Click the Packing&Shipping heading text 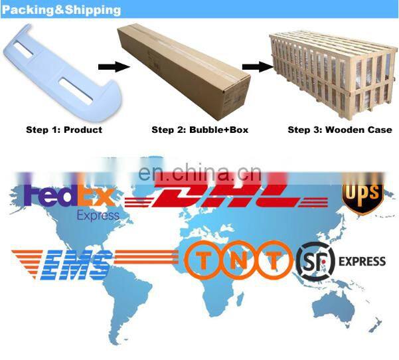61,10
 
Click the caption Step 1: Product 64,130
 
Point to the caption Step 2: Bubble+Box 200,130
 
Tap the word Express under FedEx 98,215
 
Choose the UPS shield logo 362,195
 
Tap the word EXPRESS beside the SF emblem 362,261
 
